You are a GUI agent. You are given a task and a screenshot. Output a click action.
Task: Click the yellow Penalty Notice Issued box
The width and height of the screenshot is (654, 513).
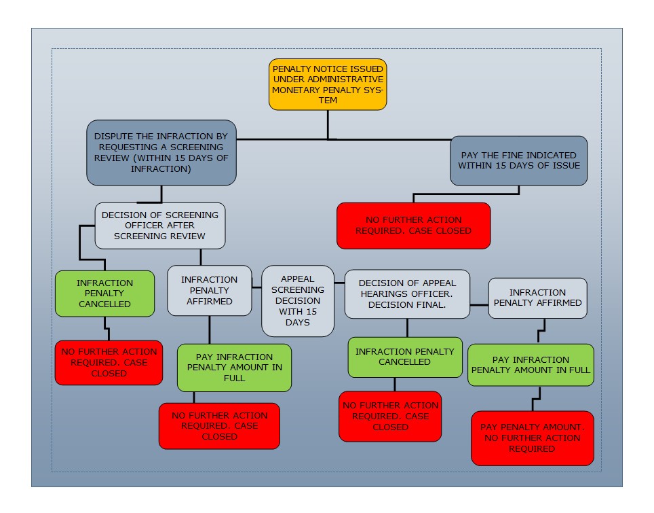(x=328, y=84)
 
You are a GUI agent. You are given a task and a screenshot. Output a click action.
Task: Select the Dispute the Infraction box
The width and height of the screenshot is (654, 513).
(x=161, y=153)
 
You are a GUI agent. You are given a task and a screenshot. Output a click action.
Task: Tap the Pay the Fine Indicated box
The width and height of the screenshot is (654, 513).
(x=518, y=160)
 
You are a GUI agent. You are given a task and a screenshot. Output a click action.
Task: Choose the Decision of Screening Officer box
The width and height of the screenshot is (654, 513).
(x=159, y=225)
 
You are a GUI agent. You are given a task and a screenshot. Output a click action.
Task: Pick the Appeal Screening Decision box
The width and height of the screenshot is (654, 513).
(x=298, y=300)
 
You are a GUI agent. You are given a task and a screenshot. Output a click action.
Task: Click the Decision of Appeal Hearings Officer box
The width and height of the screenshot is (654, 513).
(x=407, y=294)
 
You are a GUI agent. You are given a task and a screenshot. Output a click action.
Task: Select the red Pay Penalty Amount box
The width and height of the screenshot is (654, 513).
(x=532, y=438)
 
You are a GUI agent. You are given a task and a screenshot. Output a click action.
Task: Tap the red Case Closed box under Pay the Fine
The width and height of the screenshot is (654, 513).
(x=413, y=225)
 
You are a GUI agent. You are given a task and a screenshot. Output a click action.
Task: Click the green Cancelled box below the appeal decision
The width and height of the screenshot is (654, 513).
(x=405, y=357)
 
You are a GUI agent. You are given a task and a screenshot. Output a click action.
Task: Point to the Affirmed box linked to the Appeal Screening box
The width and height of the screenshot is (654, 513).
(x=209, y=290)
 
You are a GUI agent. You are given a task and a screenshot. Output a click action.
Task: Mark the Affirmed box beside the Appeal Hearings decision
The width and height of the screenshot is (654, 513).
(x=537, y=298)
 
